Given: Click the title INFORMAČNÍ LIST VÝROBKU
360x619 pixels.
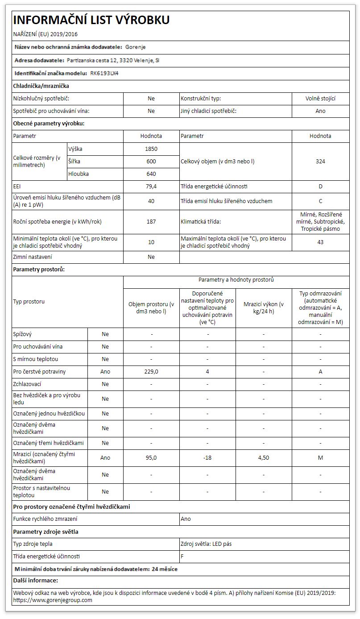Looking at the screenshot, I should pyautogui.click(x=91, y=20).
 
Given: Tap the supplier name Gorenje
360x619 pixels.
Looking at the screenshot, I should pyautogui.click(x=136, y=47).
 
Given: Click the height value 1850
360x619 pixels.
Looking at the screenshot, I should pyautogui.click(x=151, y=149).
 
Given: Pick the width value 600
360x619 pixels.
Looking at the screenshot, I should pyautogui.click(x=151, y=162).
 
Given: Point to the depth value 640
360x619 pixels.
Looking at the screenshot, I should pyautogui.click(x=151, y=174).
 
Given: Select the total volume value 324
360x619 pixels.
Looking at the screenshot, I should pyautogui.click(x=320, y=162).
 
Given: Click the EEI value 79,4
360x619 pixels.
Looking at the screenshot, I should pyautogui.click(x=151, y=187).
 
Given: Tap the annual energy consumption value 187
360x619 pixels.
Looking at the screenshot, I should pyautogui.click(x=151, y=221).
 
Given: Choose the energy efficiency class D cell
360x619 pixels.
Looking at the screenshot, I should pyautogui.click(x=320, y=187).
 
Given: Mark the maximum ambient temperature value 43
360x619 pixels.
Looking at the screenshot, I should pyautogui.click(x=320, y=242).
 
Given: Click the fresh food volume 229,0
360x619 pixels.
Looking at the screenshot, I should pyautogui.click(x=151, y=372).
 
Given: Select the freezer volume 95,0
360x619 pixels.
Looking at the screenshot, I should pyautogui.click(x=151, y=458).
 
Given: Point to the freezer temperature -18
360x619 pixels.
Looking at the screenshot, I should pyautogui.click(x=207, y=458).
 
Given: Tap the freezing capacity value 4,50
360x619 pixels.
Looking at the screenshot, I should pyautogui.click(x=264, y=458).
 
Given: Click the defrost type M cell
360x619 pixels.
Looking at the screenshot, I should pyautogui.click(x=320, y=458).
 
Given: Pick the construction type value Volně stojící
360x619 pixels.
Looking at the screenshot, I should pyautogui.click(x=320, y=99).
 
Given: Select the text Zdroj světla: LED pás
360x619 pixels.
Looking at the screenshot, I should pyautogui.click(x=206, y=544).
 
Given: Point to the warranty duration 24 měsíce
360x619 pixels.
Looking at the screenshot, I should pyautogui.click(x=165, y=569).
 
